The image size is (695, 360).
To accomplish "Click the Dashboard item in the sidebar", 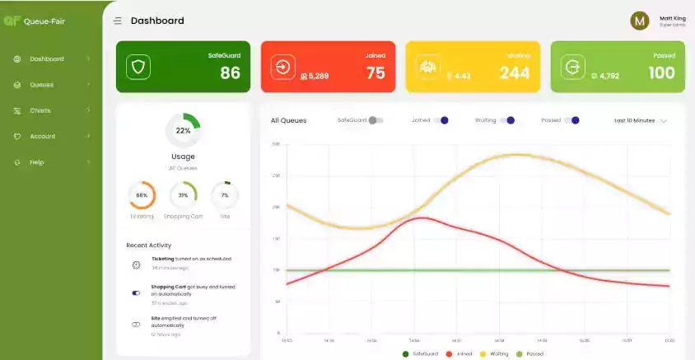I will tap(47, 59).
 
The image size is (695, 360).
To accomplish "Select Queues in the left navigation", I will tap(42, 85).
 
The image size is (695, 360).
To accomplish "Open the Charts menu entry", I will tap(40, 110).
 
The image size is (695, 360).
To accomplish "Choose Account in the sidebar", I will tap(43, 136).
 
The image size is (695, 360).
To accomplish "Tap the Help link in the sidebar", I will tap(37, 162).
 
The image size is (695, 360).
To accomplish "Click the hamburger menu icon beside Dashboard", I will tap(118, 21).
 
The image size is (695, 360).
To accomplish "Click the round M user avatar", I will tap(640, 21).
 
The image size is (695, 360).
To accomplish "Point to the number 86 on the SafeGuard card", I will tap(230, 73).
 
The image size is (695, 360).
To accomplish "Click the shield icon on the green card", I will tap(138, 67).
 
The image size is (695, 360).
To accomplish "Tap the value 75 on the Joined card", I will tap(375, 73).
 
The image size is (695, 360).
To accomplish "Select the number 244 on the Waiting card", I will tap(515, 73).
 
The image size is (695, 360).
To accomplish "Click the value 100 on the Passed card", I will tap(661, 73).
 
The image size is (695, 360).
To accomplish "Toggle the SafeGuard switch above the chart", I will tap(376, 120).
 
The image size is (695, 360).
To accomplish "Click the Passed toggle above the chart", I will tap(571, 120).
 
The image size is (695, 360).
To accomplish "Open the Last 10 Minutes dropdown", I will tap(641, 120).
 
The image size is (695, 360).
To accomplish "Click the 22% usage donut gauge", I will tap(183, 130).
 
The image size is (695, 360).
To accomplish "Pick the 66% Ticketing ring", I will tap(142, 195).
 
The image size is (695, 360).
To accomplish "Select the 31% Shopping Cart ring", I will tap(183, 195).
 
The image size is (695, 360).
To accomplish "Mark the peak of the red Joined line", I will tap(422, 217).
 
